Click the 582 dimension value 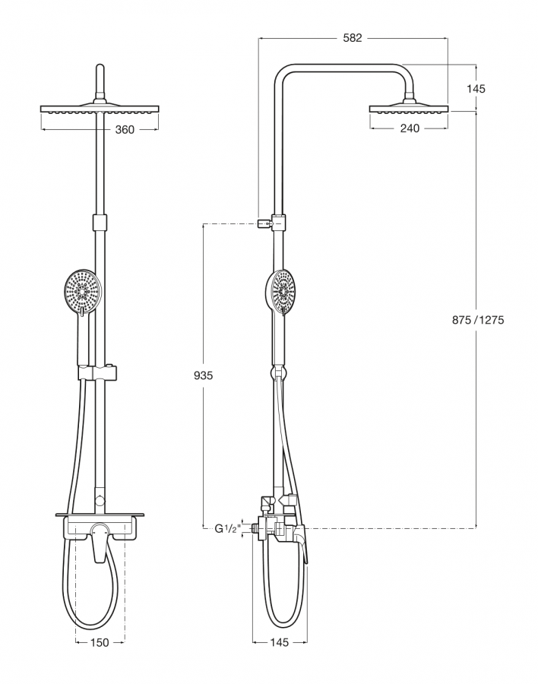click(x=353, y=36)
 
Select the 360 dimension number click(x=124, y=130)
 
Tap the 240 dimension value click(x=409, y=128)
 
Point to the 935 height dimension click(x=204, y=375)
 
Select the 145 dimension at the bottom click(x=279, y=643)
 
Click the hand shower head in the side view click(x=283, y=292)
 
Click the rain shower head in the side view click(x=409, y=108)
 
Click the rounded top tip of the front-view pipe click(x=100, y=70)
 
